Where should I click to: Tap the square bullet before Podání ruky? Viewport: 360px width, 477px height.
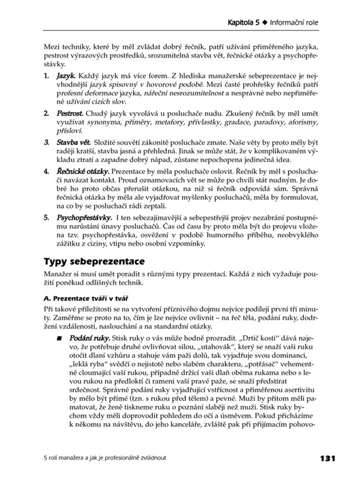pos(60,338)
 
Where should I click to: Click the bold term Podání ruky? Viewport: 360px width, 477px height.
pos(87,338)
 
